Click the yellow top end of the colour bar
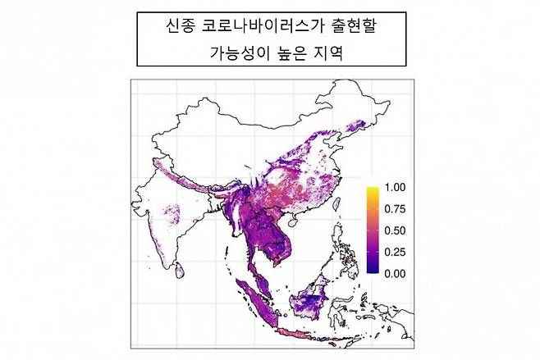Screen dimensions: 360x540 [x=373, y=190]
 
